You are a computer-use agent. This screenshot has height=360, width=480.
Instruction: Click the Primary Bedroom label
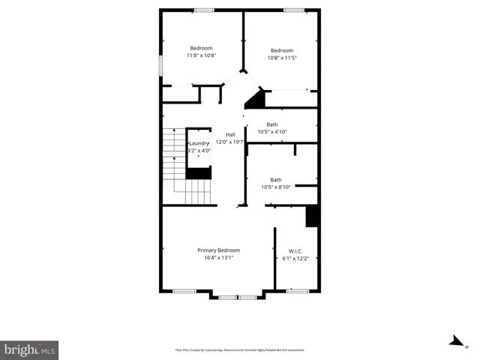click(218, 250)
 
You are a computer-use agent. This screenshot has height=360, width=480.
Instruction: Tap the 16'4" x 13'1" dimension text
click(218, 258)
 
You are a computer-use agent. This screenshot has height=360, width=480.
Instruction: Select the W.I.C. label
click(295, 250)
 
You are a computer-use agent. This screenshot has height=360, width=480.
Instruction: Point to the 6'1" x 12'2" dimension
click(295, 259)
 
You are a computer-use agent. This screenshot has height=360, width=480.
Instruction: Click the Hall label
click(230, 134)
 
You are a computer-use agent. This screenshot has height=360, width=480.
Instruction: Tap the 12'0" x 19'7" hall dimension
click(230, 142)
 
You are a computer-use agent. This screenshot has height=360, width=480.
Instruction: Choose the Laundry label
click(199, 143)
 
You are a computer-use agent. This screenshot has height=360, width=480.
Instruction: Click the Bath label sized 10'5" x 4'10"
click(271, 124)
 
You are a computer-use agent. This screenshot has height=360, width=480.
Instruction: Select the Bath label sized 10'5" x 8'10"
click(276, 179)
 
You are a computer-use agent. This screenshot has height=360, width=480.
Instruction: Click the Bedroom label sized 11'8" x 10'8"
click(201, 48)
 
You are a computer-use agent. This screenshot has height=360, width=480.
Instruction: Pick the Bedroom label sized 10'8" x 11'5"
click(282, 50)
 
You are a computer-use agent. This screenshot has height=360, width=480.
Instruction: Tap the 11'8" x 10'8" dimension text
click(201, 55)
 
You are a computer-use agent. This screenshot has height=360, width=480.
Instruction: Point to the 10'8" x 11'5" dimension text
click(282, 58)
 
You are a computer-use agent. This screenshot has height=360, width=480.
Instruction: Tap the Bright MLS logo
click(29, 349)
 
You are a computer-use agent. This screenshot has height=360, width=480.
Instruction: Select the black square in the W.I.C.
click(312, 215)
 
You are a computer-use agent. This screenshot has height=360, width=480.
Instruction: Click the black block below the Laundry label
click(199, 173)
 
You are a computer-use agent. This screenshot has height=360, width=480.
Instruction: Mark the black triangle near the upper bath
click(257, 100)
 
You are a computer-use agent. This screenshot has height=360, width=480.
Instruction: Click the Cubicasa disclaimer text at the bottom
click(239, 349)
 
